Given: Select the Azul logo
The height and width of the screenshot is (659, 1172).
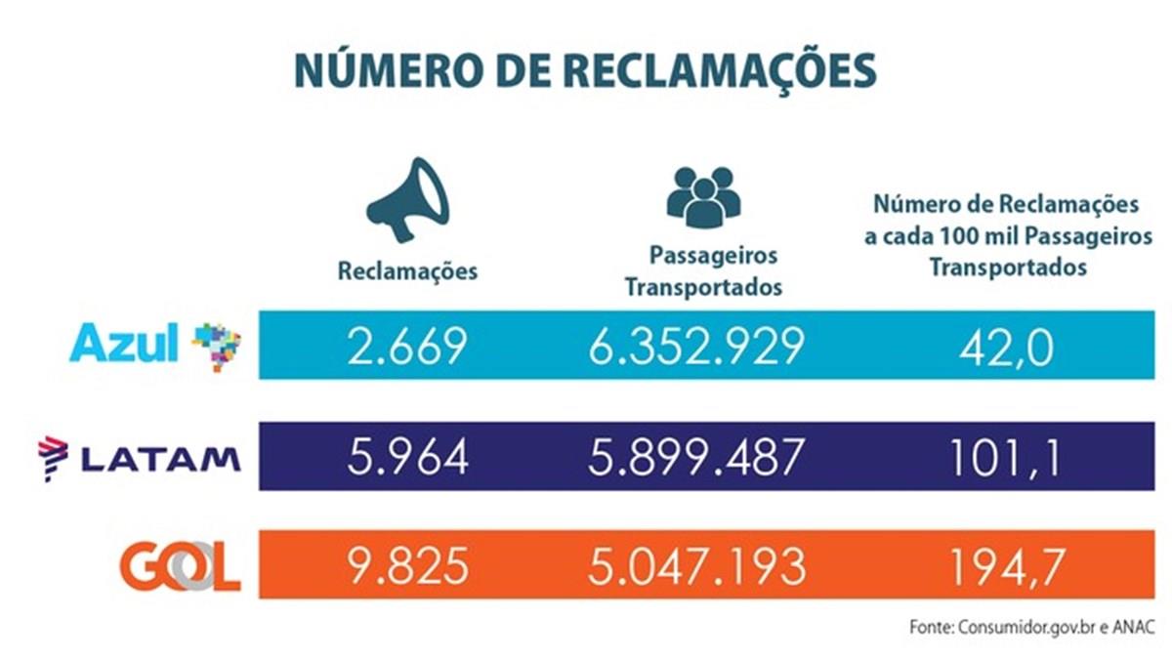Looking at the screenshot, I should (x=154, y=345).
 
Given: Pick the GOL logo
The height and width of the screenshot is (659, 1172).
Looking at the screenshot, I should (x=180, y=565).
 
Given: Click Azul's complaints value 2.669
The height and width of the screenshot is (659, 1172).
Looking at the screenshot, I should (x=407, y=346).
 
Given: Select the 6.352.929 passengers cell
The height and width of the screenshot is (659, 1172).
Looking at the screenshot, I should (x=696, y=346).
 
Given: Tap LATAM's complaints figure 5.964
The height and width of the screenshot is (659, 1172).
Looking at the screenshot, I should (x=407, y=457).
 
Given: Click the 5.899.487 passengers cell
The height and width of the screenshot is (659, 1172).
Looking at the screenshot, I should (x=696, y=457).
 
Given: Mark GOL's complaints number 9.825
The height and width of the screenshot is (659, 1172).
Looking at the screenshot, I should (x=407, y=566).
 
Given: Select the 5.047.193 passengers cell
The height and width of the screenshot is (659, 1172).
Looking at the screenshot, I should (x=696, y=566).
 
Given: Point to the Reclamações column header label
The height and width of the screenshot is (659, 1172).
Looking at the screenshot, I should (x=407, y=270).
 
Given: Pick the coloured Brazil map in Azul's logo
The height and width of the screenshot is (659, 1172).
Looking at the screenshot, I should (x=216, y=346).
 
